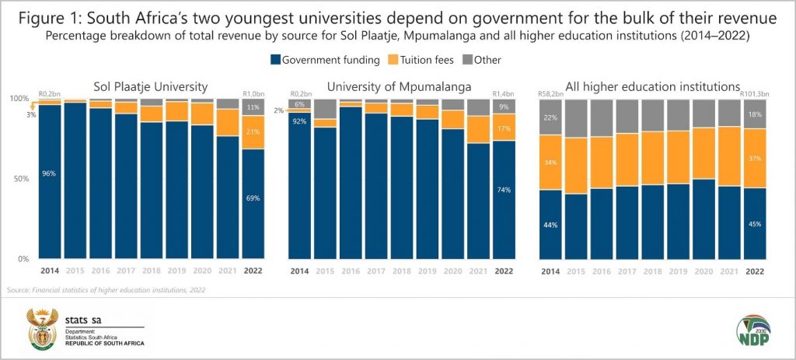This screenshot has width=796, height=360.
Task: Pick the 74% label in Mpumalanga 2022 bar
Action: click(x=504, y=190)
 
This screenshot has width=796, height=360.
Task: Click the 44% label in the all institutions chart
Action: click(x=551, y=225)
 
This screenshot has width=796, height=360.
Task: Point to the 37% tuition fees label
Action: click(x=755, y=159)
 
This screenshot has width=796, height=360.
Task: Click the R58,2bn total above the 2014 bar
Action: click(x=550, y=95)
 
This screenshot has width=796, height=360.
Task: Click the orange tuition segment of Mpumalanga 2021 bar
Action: click(x=479, y=128)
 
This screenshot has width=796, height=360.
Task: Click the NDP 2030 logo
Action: click(x=756, y=329)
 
